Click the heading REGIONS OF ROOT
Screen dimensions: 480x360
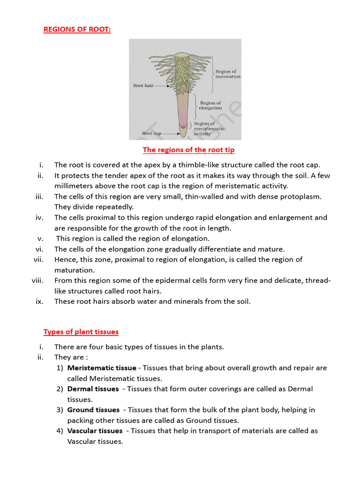tap(77, 29)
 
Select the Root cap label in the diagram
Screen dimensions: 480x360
tap(151, 134)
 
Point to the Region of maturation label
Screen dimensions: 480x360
tap(228, 74)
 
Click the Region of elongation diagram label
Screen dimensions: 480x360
tap(210, 105)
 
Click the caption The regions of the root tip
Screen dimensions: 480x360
tap(188, 150)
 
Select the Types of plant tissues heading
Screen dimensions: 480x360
tap(81, 332)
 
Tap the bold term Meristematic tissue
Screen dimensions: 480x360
tap(102, 368)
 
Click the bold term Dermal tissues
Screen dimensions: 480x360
tap(93, 389)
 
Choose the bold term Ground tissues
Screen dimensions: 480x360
tap(93, 410)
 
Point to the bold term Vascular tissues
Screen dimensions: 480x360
tap(95, 431)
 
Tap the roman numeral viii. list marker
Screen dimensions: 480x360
tap(37, 280)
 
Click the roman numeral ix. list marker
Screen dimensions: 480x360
tap(39, 301)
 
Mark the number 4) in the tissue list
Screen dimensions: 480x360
tap(60, 431)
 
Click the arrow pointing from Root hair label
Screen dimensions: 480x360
tap(162, 86)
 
